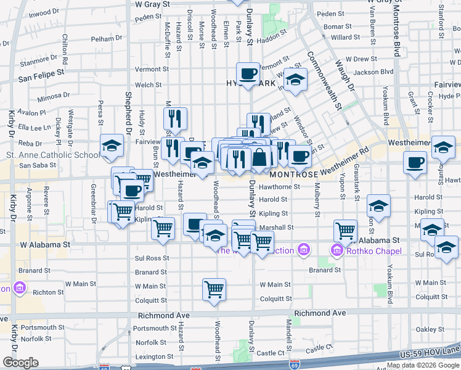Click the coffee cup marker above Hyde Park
[248, 74]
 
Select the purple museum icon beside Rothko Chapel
[337, 250]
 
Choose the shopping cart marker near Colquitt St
[214, 288]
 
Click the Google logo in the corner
[20, 363]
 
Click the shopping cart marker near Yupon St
[345, 231]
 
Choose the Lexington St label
[154, 356]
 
